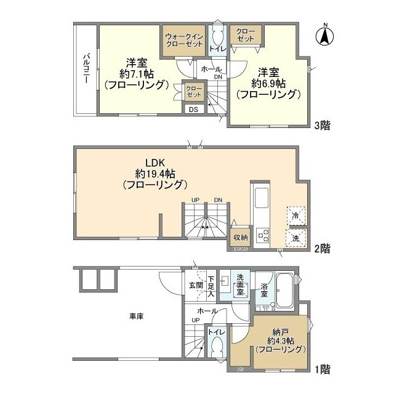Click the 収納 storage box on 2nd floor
239,238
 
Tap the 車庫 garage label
136,316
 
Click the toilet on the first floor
215,347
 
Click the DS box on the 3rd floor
193,110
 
